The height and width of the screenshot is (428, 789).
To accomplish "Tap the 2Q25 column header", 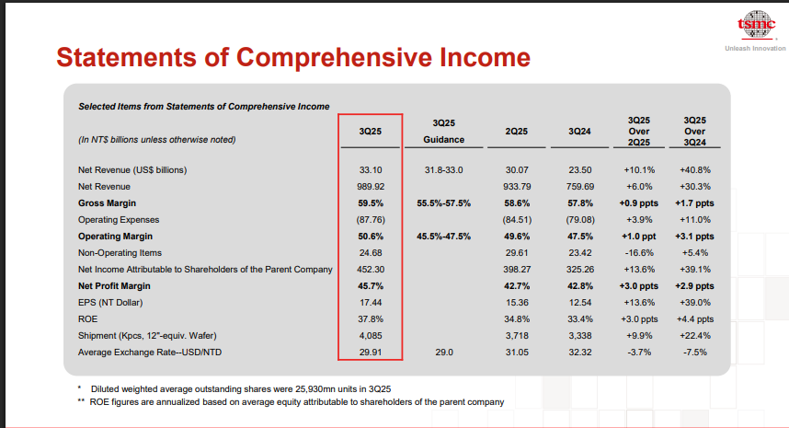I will click(516, 132).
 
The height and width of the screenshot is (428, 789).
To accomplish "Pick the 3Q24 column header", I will click(579, 132).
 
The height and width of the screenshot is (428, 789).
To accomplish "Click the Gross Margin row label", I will click(109, 202).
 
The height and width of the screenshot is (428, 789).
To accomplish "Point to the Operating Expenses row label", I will click(120, 219).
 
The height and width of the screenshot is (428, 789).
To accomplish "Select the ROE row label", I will click(89, 318).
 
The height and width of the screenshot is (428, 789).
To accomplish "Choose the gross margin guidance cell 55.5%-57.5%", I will click(443, 202).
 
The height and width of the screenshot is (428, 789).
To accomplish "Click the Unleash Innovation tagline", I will click(755, 48).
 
